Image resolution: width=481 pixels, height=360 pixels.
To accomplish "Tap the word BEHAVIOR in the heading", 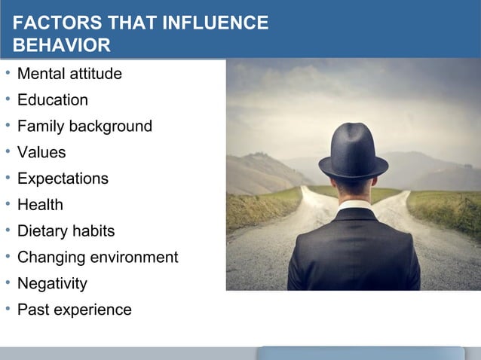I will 63,46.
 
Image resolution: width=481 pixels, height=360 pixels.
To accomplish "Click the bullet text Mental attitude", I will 69,74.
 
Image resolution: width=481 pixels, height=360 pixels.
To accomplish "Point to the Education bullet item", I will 53,100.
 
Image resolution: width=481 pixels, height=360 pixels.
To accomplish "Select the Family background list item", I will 84,127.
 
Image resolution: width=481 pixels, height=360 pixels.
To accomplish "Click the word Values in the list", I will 41,153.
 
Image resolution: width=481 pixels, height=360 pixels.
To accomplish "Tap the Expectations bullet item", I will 63,179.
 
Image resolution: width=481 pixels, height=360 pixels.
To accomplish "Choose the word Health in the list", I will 40,205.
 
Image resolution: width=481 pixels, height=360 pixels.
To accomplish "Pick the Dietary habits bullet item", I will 66,231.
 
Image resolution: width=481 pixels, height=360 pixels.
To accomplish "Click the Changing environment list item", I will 98,258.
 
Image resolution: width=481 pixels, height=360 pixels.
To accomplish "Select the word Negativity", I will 52,284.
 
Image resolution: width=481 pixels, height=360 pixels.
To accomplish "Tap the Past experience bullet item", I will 75,310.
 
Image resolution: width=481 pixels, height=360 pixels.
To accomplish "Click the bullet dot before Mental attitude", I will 6,74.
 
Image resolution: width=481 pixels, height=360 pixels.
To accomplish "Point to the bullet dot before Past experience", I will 6,310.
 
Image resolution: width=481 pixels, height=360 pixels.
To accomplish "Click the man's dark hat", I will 353,154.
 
